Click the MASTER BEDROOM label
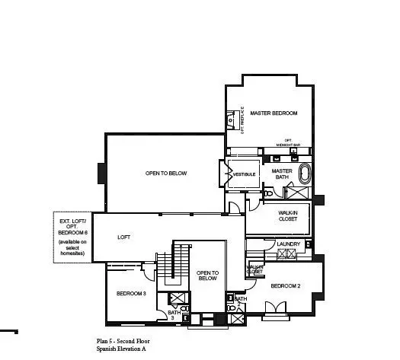(x=274, y=113)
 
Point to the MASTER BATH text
(x=282, y=174)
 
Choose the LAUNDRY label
(x=289, y=244)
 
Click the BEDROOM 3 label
(x=131, y=293)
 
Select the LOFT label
(x=124, y=237)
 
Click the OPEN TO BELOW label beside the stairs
(x=207, y=276)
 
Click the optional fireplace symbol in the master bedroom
(x=232, y=119)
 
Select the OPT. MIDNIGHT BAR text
(x=288, y=142)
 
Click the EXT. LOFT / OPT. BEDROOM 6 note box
(x=73, y=237)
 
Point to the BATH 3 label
(x=173, y=314)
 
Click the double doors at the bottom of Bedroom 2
(x=272, y=308)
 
